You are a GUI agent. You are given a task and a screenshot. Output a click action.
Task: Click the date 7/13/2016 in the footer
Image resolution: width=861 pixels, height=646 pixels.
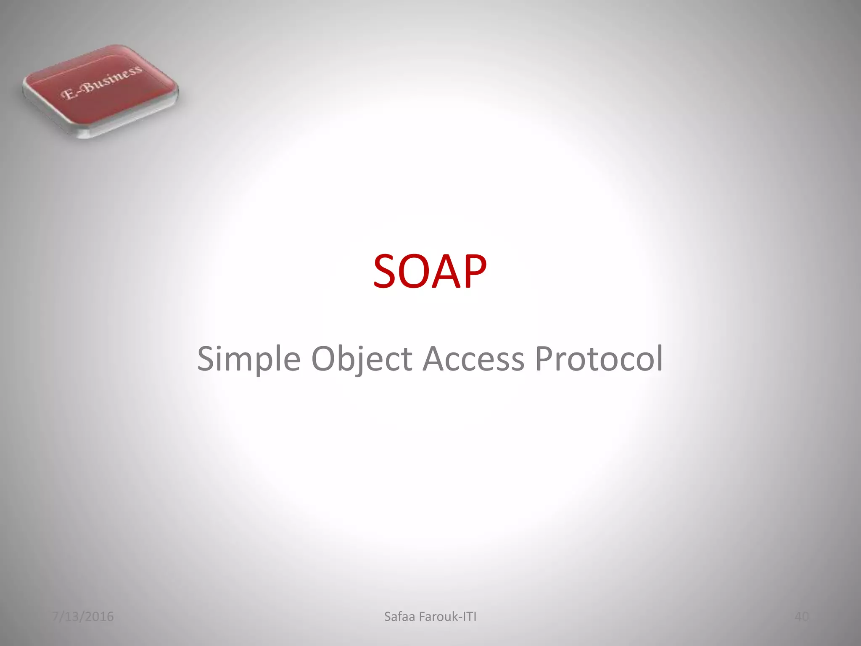click(83, 617)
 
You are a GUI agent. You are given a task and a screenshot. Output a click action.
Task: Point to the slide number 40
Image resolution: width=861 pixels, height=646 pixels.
click(801, 617)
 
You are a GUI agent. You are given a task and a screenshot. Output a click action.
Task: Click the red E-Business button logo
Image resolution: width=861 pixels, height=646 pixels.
click(101, 90)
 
